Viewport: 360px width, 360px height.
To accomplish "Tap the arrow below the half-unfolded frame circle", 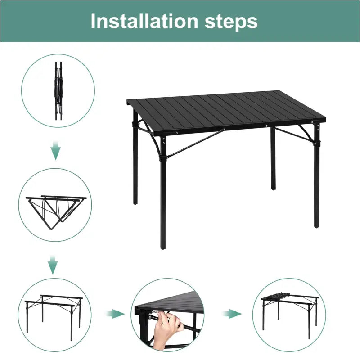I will click(x=53, y=265).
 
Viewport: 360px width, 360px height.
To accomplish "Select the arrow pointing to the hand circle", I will click(x=116, y=314).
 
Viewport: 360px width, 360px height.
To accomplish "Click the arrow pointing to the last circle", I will click(x=233, y=314).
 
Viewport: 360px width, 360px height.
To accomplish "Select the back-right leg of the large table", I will click(x=273, y=162).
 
